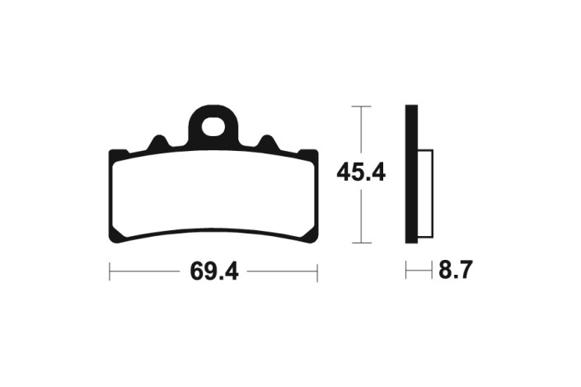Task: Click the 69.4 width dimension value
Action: [x=214, y=271]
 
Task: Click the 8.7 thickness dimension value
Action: [x=456, y=270]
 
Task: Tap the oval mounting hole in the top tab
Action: [x=213, y=126]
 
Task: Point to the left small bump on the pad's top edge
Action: [x=158, y=143]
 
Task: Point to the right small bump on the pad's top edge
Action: [x=268, y=143]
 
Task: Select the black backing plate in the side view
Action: [x=412, y=174]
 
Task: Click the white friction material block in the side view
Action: [x=425, y=193]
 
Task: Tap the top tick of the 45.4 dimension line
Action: [x=361, y=106]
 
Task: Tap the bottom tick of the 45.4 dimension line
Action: [x=361, y=243]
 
